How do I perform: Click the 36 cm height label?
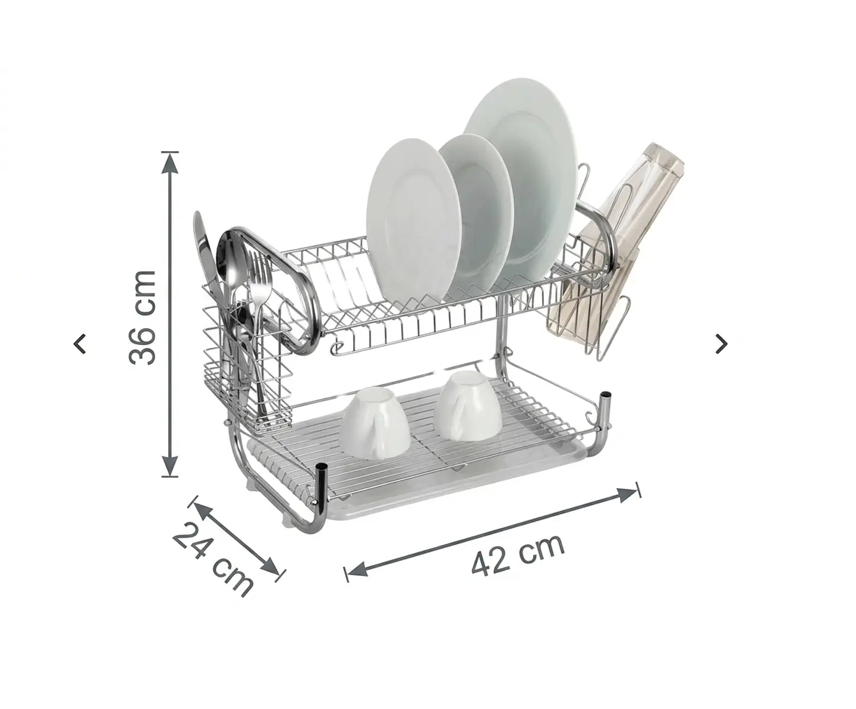pos(142,317)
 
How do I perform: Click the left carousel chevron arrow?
pos(80,344)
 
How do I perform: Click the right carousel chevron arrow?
pos(722,344)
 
